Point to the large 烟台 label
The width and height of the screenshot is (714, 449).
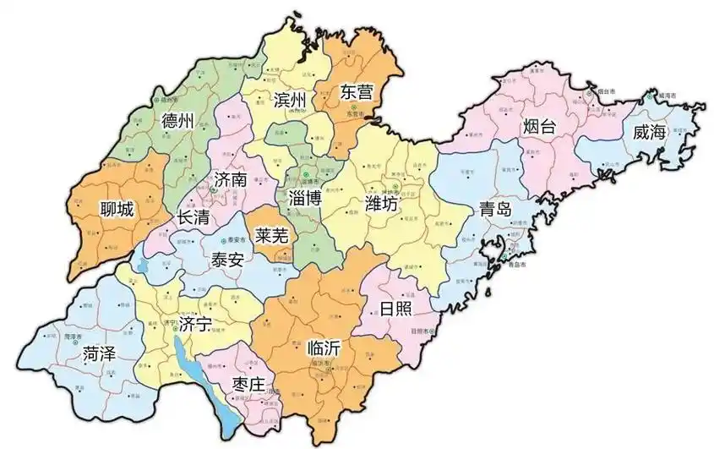[539, 128]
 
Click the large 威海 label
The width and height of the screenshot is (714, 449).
[650, 133]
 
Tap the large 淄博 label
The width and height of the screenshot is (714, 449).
[305, 200]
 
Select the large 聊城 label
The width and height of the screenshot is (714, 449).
[117, 209]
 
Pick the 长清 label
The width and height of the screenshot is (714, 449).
[193, 216]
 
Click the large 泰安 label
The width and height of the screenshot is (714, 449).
[227, 259]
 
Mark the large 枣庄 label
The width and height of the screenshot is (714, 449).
[249, 385]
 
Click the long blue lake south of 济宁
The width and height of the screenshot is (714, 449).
[221, 397]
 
